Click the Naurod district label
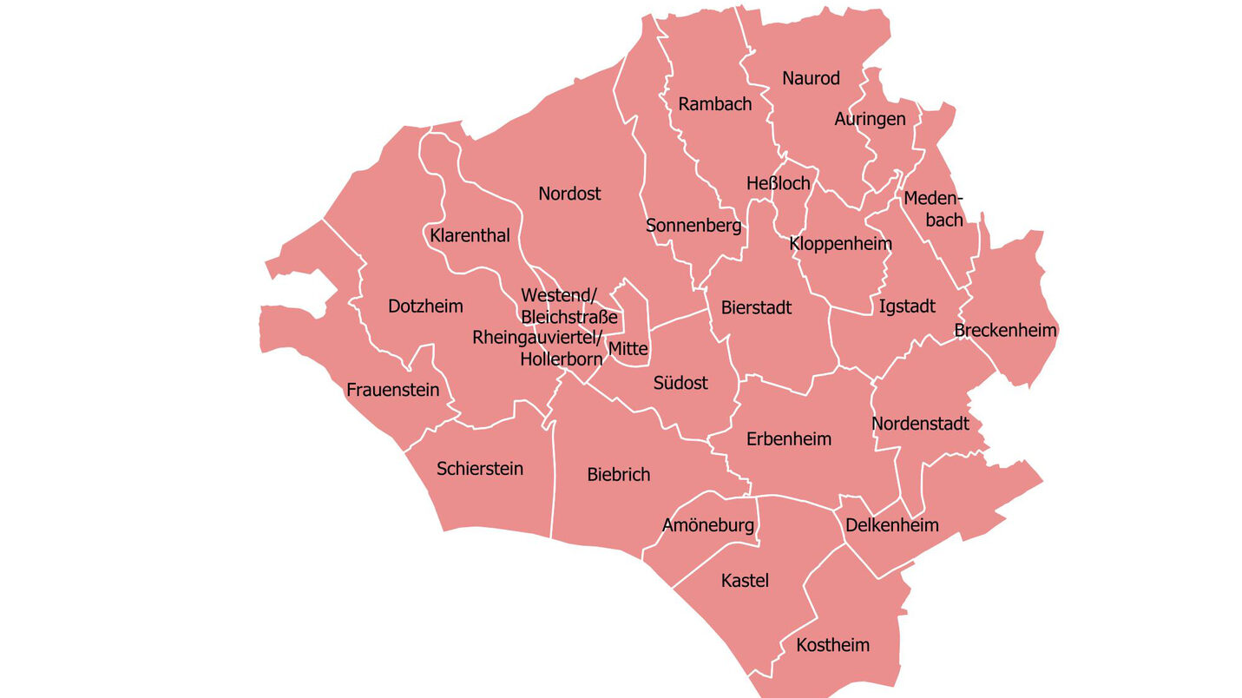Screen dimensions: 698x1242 (811, 78)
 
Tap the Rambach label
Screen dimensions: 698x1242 (715, 104)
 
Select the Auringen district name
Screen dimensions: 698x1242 (870, 119)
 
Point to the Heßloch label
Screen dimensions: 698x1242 (778, 183)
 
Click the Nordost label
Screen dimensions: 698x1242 (569, 194)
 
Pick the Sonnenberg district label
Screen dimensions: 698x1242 (693, 226)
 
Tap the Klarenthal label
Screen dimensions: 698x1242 (470, 235)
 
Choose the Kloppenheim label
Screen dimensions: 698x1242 (840, 243)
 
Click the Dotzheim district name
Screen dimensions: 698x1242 (425, 306)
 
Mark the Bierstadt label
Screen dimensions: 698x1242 (756, 307)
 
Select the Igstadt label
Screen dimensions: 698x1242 (907, 306)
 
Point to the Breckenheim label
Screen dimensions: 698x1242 (1005, 331)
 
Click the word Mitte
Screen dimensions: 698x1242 (628, 349)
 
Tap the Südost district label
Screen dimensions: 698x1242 (680, 383)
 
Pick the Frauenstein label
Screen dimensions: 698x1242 (393, 390)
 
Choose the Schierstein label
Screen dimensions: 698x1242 (480, 469)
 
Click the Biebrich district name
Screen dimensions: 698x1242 (618, 475)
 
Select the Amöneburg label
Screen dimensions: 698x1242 (708, 525)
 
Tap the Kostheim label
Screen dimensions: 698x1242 (832, 645)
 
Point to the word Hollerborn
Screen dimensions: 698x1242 (561, 358)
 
